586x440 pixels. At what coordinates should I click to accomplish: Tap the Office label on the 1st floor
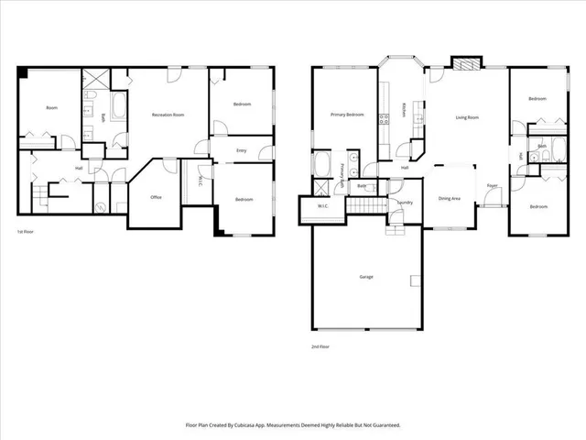pyautogui.click(x=157, y=197)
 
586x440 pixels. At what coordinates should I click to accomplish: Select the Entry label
pyautogui.click(x=241, y=149)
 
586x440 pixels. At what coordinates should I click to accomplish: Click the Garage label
pyautogui.click(x=365, y=276)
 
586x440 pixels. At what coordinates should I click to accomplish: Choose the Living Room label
pyautogui.click(x=469, y=117)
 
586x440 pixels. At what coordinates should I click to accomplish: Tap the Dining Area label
pyautogui.click(x=449, y=198)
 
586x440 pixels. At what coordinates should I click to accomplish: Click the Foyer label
pyautogui.click(x=492, y=186)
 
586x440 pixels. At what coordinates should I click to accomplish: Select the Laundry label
pyautogui.click(x=404, y=202)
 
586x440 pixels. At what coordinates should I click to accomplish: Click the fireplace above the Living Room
pyautogui.click(x=465, y=65)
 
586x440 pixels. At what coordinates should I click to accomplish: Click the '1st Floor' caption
pyautogui.click(x=27, y=233)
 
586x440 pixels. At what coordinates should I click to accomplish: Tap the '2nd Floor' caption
pyautogui.click(x=320, y=346)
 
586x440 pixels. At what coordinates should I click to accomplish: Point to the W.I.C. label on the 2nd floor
pyautogui.click(x=323, y=206)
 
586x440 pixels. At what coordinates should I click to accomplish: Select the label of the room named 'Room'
pyautogui.click(x=52, y=108)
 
